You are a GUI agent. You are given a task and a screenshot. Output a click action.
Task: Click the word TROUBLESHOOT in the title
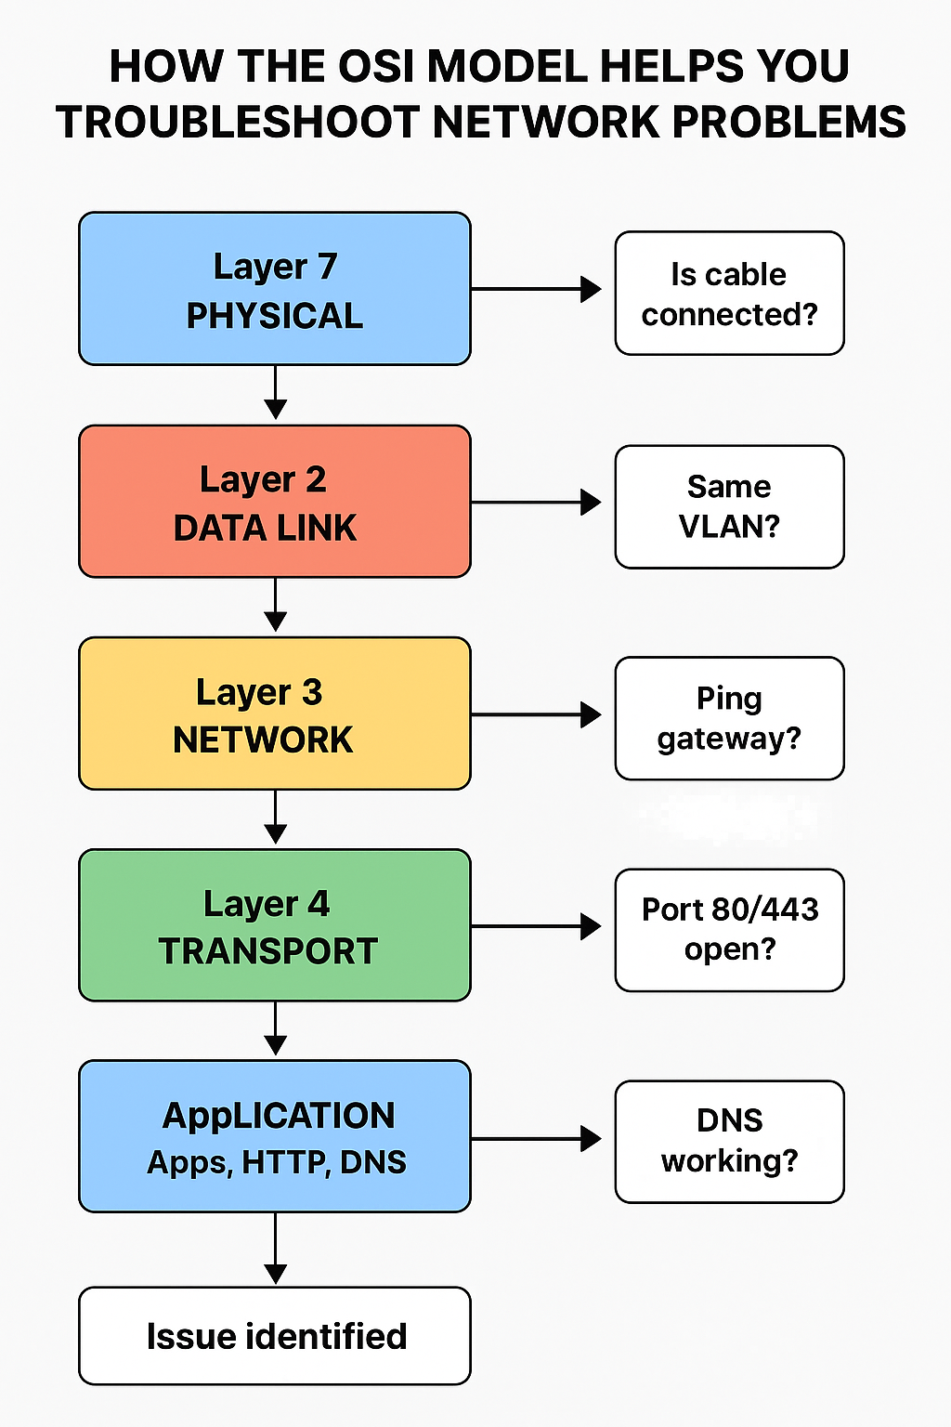pyautogui.click(x=239, y=123)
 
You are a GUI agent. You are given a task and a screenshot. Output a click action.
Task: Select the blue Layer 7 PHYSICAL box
pyautogui.click(x=275, y=289)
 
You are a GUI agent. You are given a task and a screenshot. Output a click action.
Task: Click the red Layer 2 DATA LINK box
pyautogui.click(x=275, y=502)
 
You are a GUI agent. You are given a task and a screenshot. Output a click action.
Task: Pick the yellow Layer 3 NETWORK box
pyautogui.click(x=275, y=713)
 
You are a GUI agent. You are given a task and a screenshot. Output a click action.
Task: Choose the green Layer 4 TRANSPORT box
pyautogui.click(x=275, y=925)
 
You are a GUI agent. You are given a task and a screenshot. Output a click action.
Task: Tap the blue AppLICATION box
pyautogui.click(x=275, y=1136)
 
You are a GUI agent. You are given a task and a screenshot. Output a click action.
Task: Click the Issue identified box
pyautogui.click(x=275, y=1336)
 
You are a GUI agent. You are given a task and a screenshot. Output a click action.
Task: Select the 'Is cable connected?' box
pyautogui.click(x=729, y=294)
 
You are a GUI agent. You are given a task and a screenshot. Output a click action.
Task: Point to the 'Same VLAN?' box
pyautogui.click(x=729, y=506)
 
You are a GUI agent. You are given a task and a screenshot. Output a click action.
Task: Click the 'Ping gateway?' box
pyautogui.click(x=729, y=718)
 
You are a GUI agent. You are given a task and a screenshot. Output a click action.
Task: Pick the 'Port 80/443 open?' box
pyautogui.click(x=729, y=930)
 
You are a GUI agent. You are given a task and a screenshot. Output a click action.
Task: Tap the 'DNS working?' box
pyautogui.click(x=729, y=1142)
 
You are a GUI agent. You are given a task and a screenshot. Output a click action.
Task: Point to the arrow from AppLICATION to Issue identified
pyautogui.click(x=276, y=1249)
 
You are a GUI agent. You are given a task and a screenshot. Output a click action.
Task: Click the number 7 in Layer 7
pyautogui.click(x=326, y=267)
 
